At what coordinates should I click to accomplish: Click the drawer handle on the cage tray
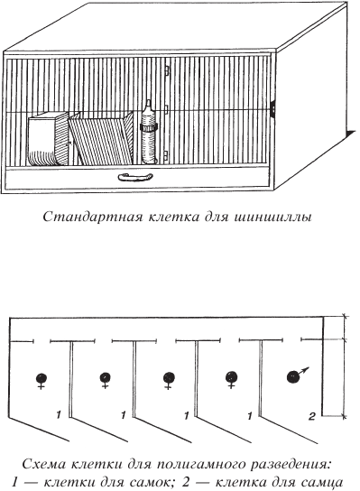(135, 177)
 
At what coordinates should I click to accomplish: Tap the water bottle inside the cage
(148, 132)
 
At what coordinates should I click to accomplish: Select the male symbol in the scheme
(297, 375)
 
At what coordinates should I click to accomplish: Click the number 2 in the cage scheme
(311, 416)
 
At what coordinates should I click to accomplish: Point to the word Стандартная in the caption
(92, 217)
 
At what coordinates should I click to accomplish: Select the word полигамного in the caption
(200, 465)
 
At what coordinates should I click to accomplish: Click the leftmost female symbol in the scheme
(41, 381)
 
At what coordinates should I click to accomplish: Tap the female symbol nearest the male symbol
(231, 379)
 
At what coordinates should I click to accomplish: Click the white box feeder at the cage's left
(48, 140)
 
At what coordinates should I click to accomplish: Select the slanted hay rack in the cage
(101, 138)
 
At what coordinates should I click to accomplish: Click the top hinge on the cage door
(167, 70)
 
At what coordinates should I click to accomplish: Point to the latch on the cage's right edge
(273, 108)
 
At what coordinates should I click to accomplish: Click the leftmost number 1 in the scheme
(59, 415)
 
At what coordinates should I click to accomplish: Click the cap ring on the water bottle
(149, 127)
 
